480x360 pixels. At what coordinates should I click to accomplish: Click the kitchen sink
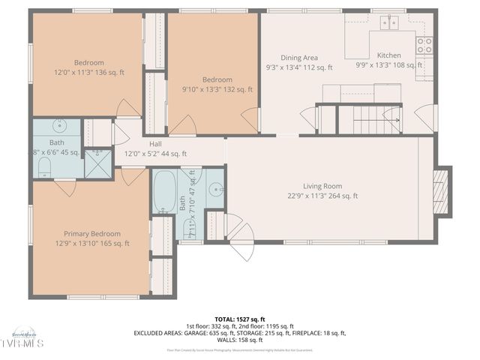(388, 23)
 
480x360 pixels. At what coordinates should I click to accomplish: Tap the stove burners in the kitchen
(424, 43)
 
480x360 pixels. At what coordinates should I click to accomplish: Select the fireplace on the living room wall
(443, 190)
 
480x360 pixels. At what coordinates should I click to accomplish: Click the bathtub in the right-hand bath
(165, 192)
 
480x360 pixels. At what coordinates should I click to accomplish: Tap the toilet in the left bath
(43, 165)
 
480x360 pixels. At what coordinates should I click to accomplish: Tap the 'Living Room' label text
(322, 186)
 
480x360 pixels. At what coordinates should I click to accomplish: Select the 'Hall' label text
(155, 143)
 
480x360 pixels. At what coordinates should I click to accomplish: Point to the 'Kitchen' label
(388, 55)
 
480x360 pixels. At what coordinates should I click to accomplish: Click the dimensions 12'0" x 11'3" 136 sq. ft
(88, 73)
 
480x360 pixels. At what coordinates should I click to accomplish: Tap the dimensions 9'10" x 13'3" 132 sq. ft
(217, 89)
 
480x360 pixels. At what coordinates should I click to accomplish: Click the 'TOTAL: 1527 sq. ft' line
(239, 319)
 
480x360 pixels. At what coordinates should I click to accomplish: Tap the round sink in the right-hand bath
(217, 189)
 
